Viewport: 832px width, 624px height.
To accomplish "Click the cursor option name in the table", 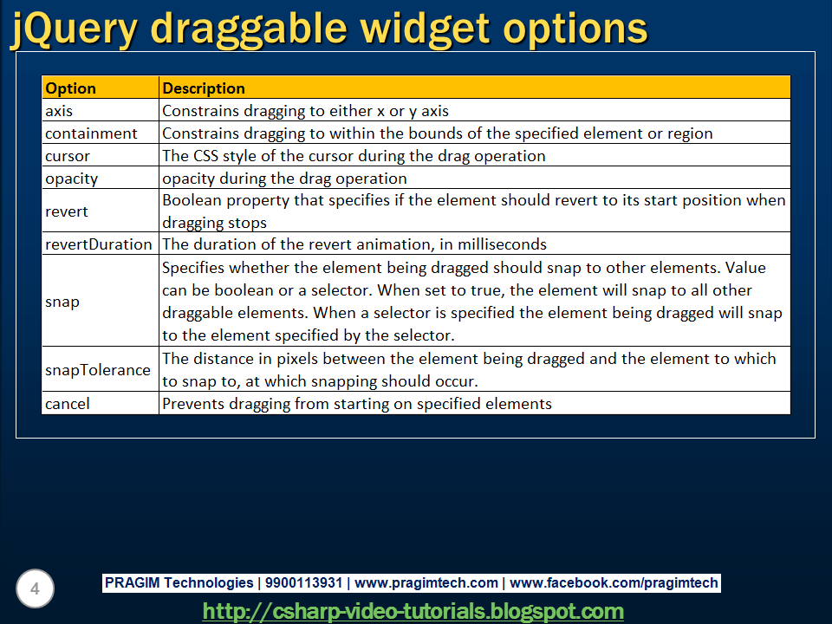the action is click(68, 156).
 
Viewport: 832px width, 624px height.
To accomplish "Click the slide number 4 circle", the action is click(35, 588).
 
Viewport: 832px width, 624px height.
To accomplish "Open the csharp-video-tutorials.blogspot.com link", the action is click(413, 611).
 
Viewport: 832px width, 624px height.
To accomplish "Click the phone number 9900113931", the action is click(303, 582).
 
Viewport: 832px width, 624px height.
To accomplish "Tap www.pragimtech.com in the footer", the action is click(426, 583).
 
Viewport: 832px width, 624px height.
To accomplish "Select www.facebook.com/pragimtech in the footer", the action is click(614, 583).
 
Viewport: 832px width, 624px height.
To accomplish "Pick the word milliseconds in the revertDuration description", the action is click(502, 244).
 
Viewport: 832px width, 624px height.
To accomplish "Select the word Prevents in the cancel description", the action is click(193, 404).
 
